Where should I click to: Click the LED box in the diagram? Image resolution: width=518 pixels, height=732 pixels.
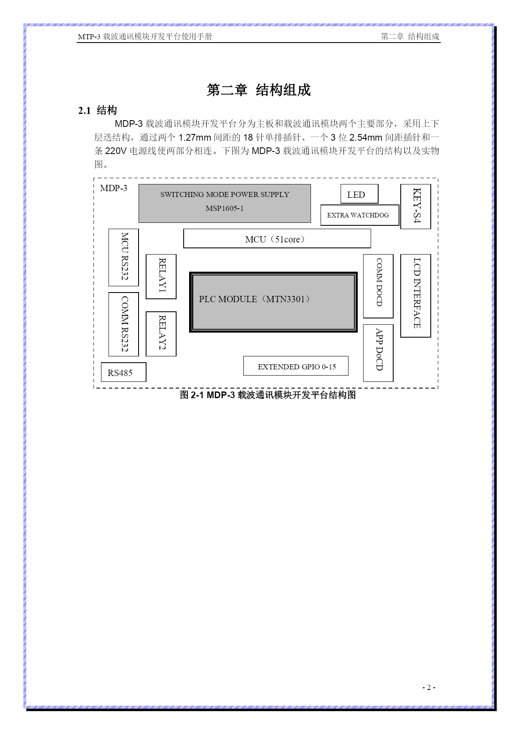(x=359, y=194)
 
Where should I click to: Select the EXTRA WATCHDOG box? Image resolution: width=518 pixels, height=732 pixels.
(x=360, y=215)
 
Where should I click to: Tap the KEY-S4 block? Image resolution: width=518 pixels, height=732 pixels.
(x=416, y=207)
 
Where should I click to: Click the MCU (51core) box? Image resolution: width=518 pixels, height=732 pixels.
(x=277, y=239)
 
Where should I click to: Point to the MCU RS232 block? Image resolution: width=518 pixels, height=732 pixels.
(x=124, y=257)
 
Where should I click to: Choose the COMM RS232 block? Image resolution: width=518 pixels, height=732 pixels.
(x=124, y=324)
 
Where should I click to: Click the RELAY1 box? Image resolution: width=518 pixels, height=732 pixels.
(x=161, y=277)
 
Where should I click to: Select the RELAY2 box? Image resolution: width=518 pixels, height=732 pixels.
(x=161, y=334)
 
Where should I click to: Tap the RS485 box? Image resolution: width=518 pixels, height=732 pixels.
(x=124, y=372)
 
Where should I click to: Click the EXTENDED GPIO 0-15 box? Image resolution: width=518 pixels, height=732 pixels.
(x=296, y=366)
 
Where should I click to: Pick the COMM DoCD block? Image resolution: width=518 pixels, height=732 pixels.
(x=378, y=286)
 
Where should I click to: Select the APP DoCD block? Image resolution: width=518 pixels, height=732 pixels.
(x=378, y=353)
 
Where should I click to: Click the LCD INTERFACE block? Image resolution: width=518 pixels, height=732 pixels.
(x=416, y=295)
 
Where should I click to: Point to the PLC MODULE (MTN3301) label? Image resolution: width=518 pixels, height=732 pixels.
(x=254, y=299)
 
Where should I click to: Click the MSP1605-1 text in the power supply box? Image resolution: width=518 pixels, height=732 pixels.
(x=225, y=208)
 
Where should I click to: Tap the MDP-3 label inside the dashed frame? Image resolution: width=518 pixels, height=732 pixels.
(x=114, y=188)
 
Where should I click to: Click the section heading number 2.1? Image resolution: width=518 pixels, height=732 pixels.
(x=84, y=111)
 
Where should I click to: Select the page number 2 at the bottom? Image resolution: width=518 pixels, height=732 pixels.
(x=429, y=687)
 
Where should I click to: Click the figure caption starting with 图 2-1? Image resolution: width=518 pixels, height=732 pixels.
(x=268, y=395)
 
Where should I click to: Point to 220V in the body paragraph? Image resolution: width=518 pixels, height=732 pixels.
(x=116, y=151)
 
